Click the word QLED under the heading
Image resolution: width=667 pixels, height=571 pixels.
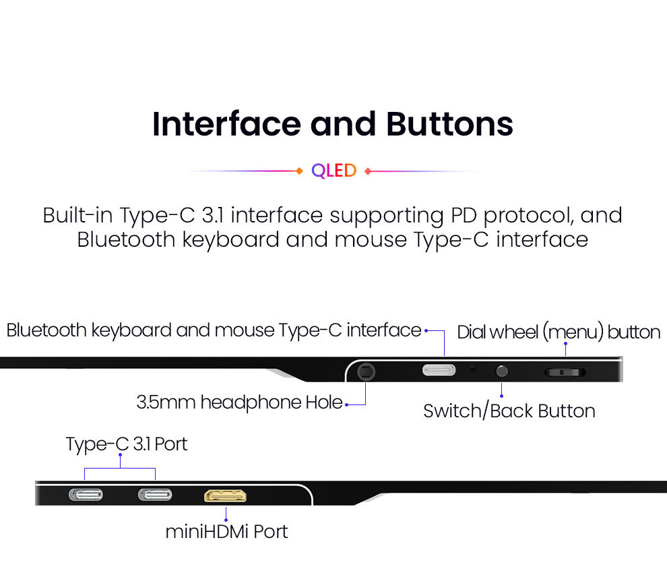pyautogui.click(x=333, y=171)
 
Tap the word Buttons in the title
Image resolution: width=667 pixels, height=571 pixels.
pyautogui.click(x=449, y=124)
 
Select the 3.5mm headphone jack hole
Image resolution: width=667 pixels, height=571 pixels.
pyautogui.click(x=366, y=371)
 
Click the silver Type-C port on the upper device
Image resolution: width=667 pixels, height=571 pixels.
pyautogui.click(x=439, y=370)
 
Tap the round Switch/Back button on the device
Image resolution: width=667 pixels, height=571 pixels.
pyautogui.click(x=501, y=370)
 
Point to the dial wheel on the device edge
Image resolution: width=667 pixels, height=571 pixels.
pyautogui.click(x=565, y=371)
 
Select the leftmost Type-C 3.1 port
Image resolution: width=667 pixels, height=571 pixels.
pyautogui.click(x=86, y=495)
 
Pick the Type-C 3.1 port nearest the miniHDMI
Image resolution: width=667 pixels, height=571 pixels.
pyautogui.click(x=155, y=495)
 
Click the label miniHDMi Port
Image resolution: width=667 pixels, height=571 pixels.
pyautogui.click(x=226, y=531)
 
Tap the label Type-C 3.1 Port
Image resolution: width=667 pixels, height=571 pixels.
pyautogui.click(x=127, y=444)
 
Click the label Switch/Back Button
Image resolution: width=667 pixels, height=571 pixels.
pyautogui.click(x=509, y=411)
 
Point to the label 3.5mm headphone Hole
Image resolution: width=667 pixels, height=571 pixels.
pyautogui.click(x=239, y=403)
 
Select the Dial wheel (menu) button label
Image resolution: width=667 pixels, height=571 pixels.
pyautogui.click(x=559, y=332)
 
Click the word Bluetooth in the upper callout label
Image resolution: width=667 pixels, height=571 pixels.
pyautogui.click(x=46, y=330)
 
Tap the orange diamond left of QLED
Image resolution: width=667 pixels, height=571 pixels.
pyautogui.click(x=300, y=171)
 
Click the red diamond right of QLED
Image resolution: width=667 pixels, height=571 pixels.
pyautogui.click(x=367, y=171)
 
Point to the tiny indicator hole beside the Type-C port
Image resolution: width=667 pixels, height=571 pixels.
pyautogui.click(x=473, y=369)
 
